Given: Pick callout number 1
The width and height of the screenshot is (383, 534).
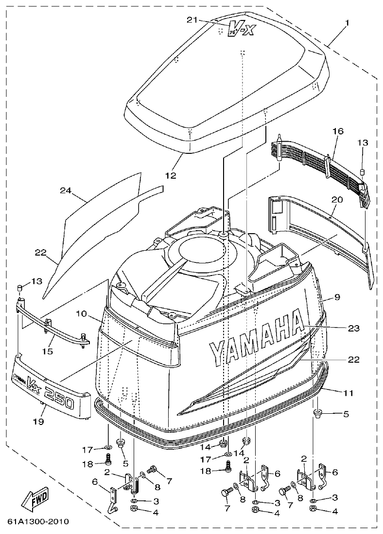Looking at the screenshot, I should [x=347, y=23].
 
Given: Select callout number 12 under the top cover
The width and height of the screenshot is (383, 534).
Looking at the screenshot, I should [x=171, y=175].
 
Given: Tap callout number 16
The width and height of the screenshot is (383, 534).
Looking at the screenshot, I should [x=338, y=131].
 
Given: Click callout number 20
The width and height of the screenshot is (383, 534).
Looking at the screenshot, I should [x=337, y=199].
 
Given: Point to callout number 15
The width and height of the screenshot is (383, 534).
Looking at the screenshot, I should [x=47, y=350].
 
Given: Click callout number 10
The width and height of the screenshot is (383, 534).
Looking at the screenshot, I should [x=81, y=314].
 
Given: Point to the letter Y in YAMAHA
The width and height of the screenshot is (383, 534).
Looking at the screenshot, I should [x=217, y=353].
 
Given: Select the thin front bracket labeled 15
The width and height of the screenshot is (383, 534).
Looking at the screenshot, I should [x=53, y=326].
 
